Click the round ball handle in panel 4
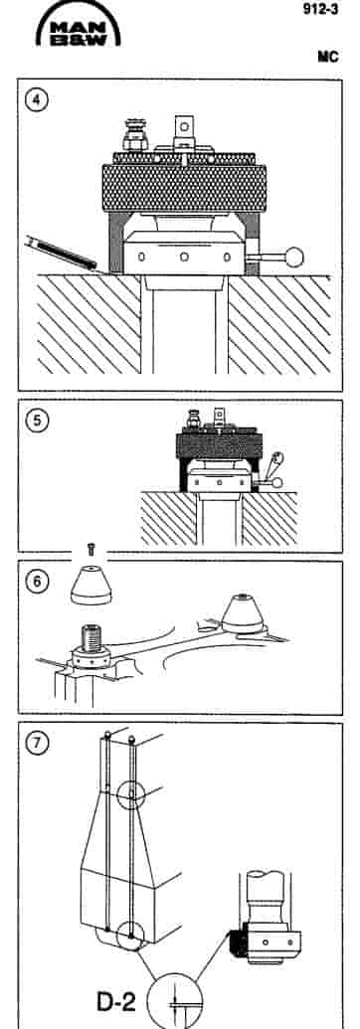pyautogui.click(x=295, y=257)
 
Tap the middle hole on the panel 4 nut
pyautogui.click(x=184, y=256)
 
